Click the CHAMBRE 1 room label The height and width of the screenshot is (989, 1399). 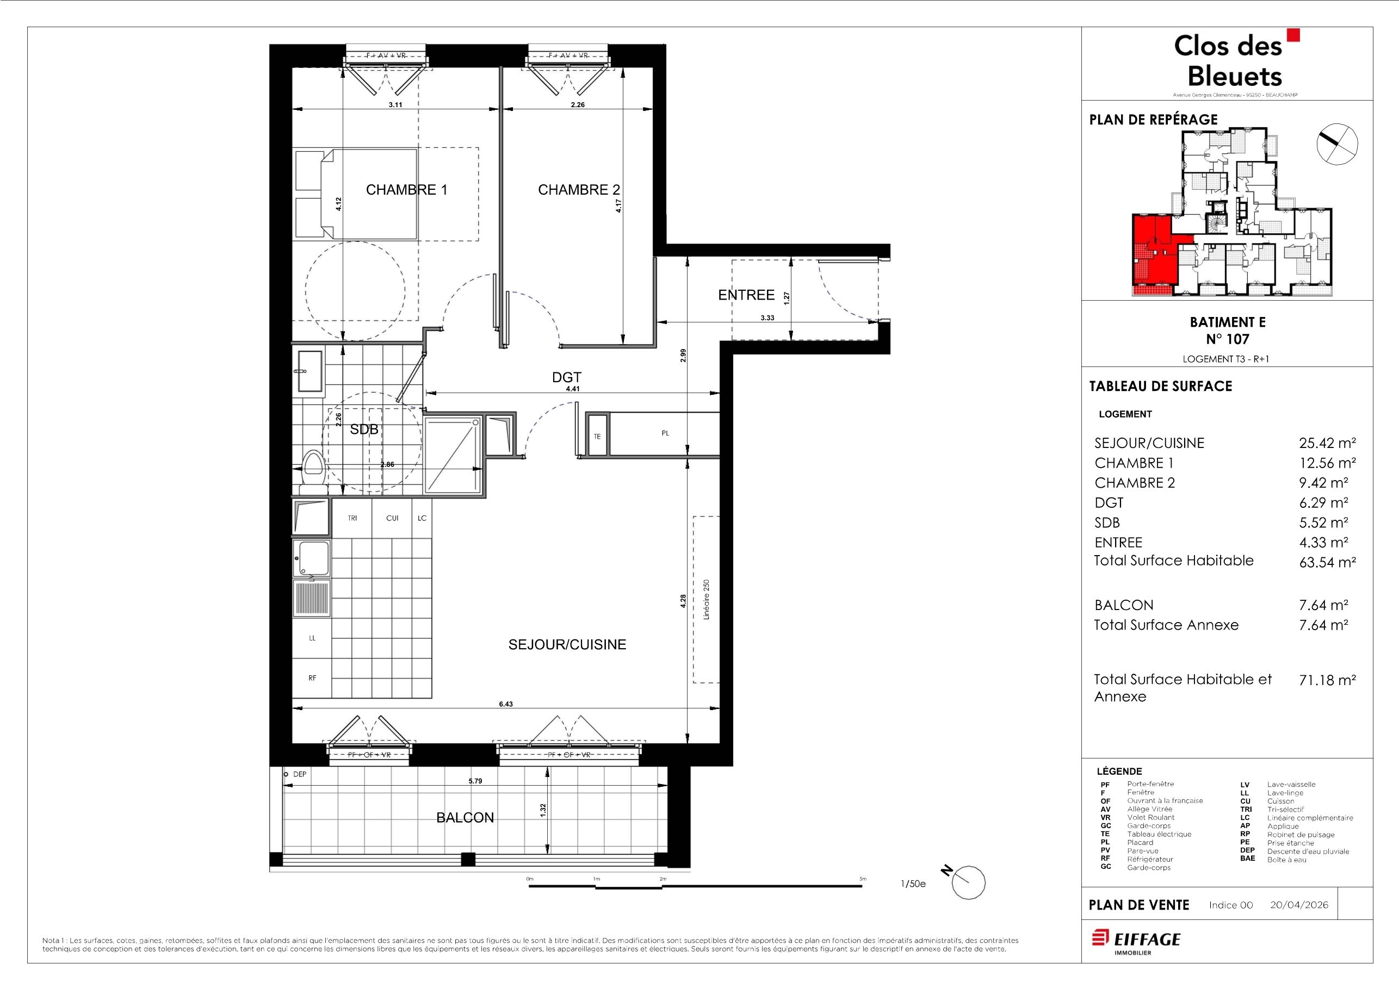(406, 190)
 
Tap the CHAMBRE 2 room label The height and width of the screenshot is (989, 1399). (579, 190)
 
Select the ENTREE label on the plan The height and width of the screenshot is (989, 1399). (746, 295)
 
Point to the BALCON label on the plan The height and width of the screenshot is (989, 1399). (465, 818)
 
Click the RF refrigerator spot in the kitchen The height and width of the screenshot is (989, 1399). (313, 678)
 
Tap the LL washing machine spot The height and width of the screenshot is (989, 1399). (313, 638)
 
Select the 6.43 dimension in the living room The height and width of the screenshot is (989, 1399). (506, 704)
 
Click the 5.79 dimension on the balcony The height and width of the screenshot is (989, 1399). (475, 781)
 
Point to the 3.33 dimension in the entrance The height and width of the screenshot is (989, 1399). (767, 318)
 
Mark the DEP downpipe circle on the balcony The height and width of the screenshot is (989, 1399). (285, 775)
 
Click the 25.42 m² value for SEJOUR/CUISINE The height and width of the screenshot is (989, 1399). (1327, 443)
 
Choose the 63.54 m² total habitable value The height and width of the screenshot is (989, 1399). (1327, 562)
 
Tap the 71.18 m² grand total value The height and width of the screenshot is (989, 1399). (1327, 680)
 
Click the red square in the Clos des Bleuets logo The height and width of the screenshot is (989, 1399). (1293, 35)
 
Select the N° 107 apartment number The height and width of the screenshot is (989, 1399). (1227, 339)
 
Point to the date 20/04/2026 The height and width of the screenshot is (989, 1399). (1299, 905)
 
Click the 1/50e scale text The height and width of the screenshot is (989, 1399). (913, 884)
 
